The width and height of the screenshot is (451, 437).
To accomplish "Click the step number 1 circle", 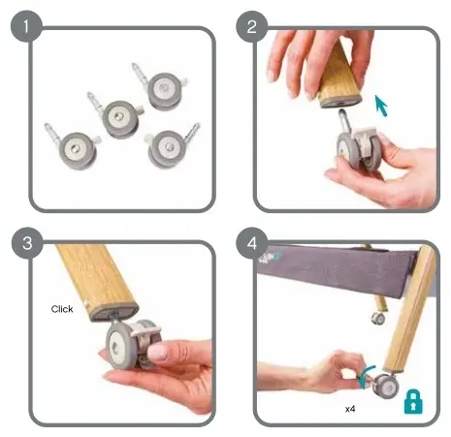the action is click(26, 26).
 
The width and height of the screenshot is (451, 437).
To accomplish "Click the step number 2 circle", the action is click(252, 26).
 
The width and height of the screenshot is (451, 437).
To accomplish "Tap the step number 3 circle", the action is click(27, 243).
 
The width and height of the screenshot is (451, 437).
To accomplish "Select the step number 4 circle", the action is click(252, 243).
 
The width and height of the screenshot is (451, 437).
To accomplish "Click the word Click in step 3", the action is click(62, 309).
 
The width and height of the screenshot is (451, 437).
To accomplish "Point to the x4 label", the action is click(350, 409).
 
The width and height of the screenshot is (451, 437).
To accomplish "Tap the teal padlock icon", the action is click(413, 402).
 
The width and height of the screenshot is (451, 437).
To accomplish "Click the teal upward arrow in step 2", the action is click(381, 105).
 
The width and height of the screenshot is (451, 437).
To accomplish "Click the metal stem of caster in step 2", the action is click(344, 119).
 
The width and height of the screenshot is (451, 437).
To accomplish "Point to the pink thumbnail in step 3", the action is click(158, 353).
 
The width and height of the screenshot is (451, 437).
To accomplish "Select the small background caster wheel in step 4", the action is click(378, 318).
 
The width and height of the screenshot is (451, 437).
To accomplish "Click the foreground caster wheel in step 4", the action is click(387, 386).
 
